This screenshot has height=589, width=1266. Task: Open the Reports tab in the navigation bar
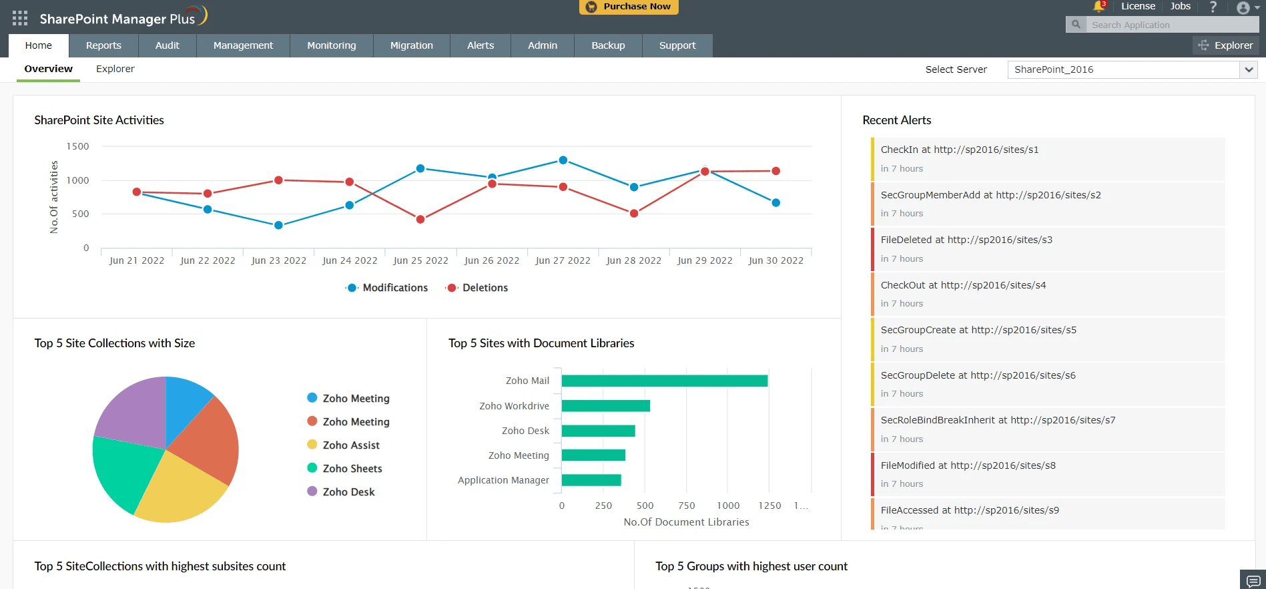[103, 45]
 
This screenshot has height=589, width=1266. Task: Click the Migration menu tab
[411, 45]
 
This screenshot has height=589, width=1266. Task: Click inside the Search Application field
[1172, 25]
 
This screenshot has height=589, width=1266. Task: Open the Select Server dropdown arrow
[1249, 69]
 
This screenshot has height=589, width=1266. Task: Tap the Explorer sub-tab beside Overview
[115, 69]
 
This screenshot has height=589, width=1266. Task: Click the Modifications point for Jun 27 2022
[563, 160]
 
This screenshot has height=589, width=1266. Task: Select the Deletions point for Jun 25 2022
[420, 219]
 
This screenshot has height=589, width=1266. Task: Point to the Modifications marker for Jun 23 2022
[278, 225]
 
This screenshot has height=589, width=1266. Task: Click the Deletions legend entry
[477, 288]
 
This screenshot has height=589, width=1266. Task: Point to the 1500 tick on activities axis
[77, 146]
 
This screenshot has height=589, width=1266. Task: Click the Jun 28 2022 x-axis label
[633, 260]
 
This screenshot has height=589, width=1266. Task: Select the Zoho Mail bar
[665, 381]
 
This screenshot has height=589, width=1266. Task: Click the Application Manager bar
[591, 480]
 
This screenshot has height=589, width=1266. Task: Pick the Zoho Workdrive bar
[606, 406]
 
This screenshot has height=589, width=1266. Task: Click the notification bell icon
[1098, 7]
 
